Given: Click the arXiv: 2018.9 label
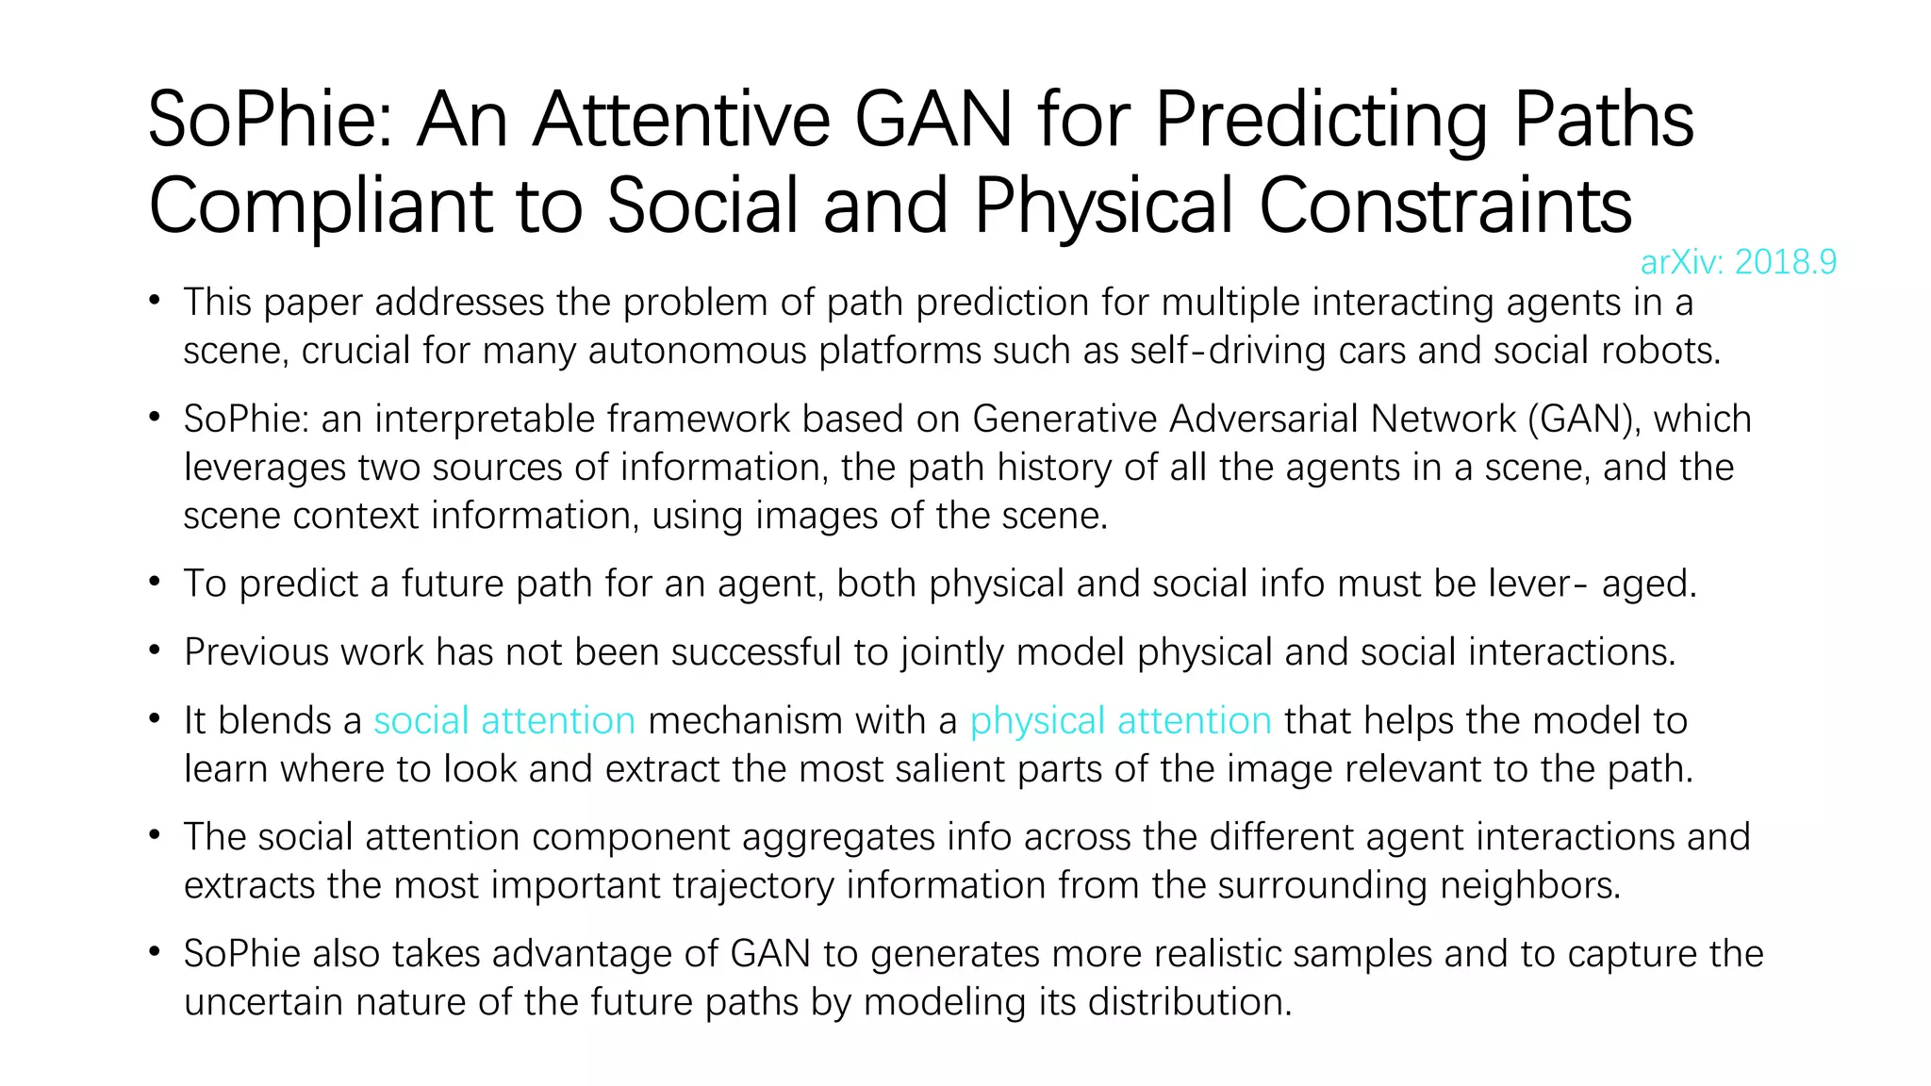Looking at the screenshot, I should (x=1738, y=262).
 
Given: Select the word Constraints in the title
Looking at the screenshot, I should (x=1444, y=206).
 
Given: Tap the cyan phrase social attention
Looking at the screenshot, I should (x=504, y=721).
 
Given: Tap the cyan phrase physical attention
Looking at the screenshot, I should (x=1120, y=721).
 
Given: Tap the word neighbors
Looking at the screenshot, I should (x=1528, y=885).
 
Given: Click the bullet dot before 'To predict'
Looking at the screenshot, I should (x=155, y=583).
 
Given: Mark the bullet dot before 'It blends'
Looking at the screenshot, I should (x=155, y=719).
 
